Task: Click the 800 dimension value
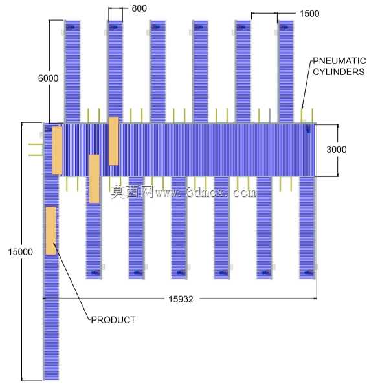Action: pyautogui.click(x=139, y=8)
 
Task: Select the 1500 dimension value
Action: pyautogui.click(x=309, y=14)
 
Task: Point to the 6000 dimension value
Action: pyautogui.click(x=48, y=78)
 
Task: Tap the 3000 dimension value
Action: pyautogui.click(x=337, y=150)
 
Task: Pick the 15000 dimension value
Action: pyautogui.click(x=21, y=252)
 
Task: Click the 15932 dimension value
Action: pyautogui.click(x=181, y=299)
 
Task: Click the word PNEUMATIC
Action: pyautogui.click(x=339, y=61)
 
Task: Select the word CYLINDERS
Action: pyautogui.click(x=339, y=72)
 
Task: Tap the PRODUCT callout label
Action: pyautogui.click(x=113, y=320)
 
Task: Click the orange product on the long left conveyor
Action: pyautogui.click(x=51, y=231)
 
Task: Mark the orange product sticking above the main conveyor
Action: pyautogui.click(x=114, y=141)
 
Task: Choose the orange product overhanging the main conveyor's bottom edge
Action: pyautogui.click(x=95, y=179)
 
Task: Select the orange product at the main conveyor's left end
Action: pyautogui.click(x=58, y=150)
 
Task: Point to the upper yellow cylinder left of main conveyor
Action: pyautogui.click(x=36, y=144)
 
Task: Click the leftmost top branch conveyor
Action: pyautogui.click(x=72, y=72)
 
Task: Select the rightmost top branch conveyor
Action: pyautogui.click(x=285, y=72)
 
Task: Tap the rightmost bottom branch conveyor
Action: pyautogui.click(x=307, y=228)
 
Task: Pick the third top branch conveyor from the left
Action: pyautogui.click(x=158, y=72)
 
